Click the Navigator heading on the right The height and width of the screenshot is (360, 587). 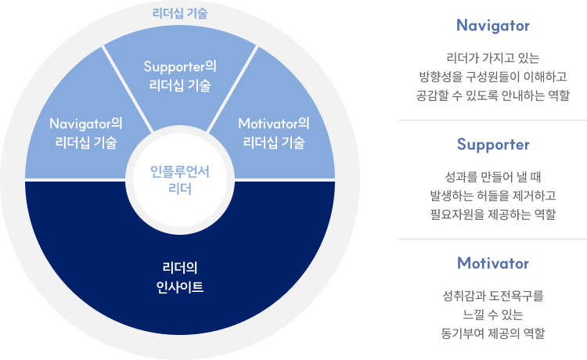[x=493, y=26]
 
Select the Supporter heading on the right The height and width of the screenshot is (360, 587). [x=493, y=145]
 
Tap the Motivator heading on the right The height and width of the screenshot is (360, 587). [x=493, y=263]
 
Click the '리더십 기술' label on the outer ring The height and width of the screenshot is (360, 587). [x=180, y=13]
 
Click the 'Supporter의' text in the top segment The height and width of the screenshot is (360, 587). [x=180, y=67]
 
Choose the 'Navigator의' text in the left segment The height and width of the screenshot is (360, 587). [x=86, y=124]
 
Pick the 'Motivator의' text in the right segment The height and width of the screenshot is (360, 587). [x=274, y=124]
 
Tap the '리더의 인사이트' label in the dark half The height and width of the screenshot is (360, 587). [x=180, y=278]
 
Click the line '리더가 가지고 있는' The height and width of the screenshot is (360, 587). [x=493, y=58]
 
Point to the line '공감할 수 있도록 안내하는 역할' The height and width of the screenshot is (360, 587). [x=493, y=95]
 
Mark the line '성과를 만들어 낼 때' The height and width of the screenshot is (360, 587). [x=493, y=176]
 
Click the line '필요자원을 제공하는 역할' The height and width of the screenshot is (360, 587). [x=493, y=214]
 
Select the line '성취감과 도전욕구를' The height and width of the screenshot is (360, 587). [x=493, y=296]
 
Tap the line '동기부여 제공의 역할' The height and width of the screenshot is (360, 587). [x=493, y=333]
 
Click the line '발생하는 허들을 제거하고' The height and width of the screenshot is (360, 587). [x=493, y=195]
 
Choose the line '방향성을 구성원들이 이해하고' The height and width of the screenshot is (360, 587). [x=493, y=77]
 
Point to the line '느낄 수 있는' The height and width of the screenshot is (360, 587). [x=493, y=315]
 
